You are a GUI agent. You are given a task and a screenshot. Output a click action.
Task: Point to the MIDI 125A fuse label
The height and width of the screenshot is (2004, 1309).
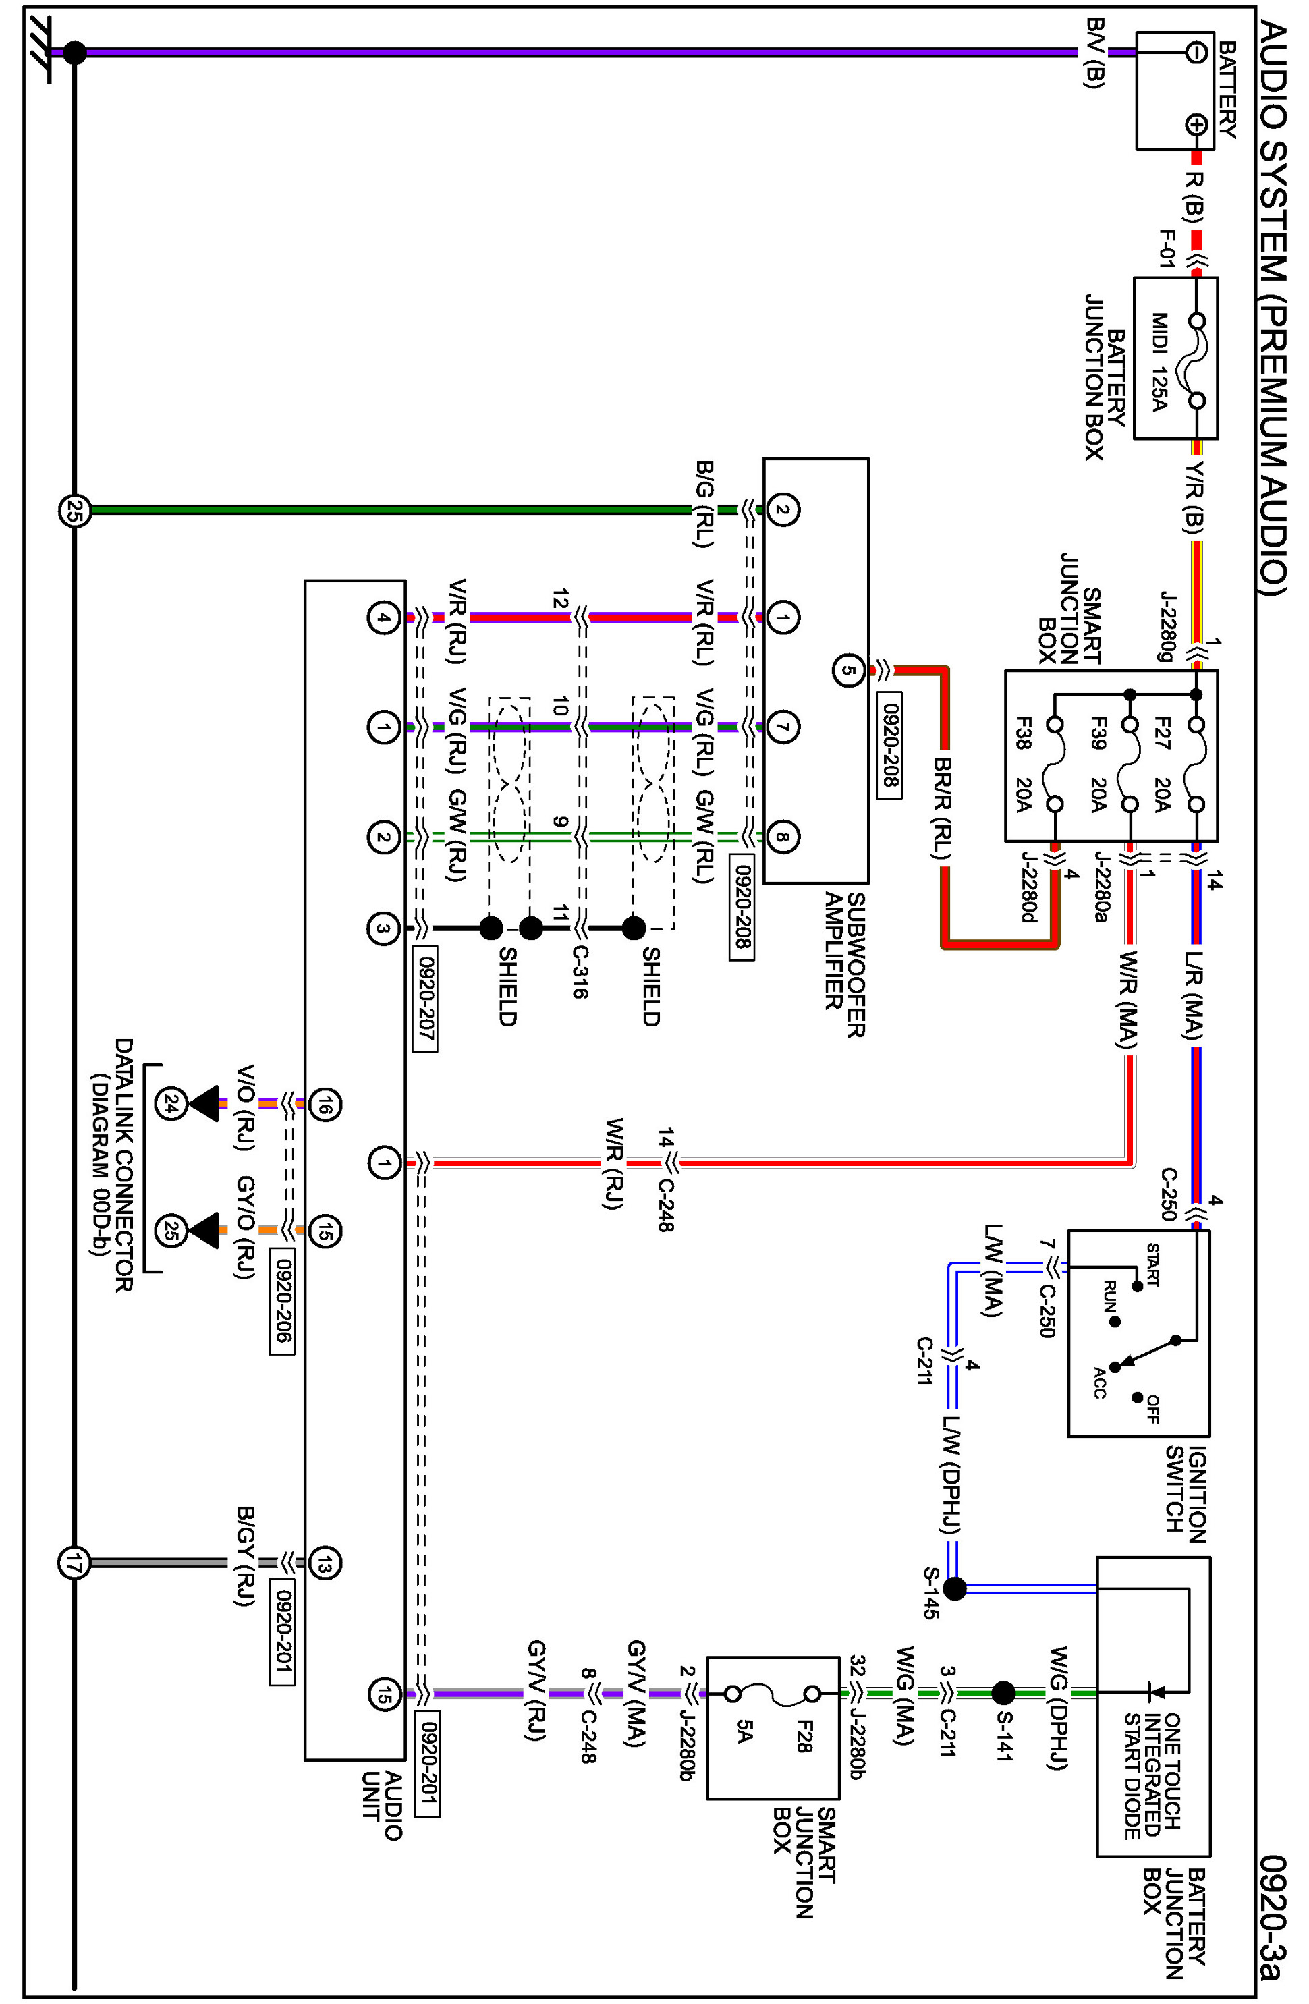pos(1160,360)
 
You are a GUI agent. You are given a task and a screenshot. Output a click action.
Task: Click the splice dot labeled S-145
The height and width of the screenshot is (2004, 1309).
pos(955,1589)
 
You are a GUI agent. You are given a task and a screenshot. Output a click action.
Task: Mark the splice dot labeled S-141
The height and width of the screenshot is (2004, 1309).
pos(1003,1692)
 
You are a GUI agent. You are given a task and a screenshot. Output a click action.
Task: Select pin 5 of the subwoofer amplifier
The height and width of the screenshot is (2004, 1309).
pos(847,671)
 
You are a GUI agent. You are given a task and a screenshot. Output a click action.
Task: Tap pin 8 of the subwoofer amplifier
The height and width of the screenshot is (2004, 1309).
pos(782,837)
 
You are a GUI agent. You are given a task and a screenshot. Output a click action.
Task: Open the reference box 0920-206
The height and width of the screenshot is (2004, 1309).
pos(282,1300)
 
